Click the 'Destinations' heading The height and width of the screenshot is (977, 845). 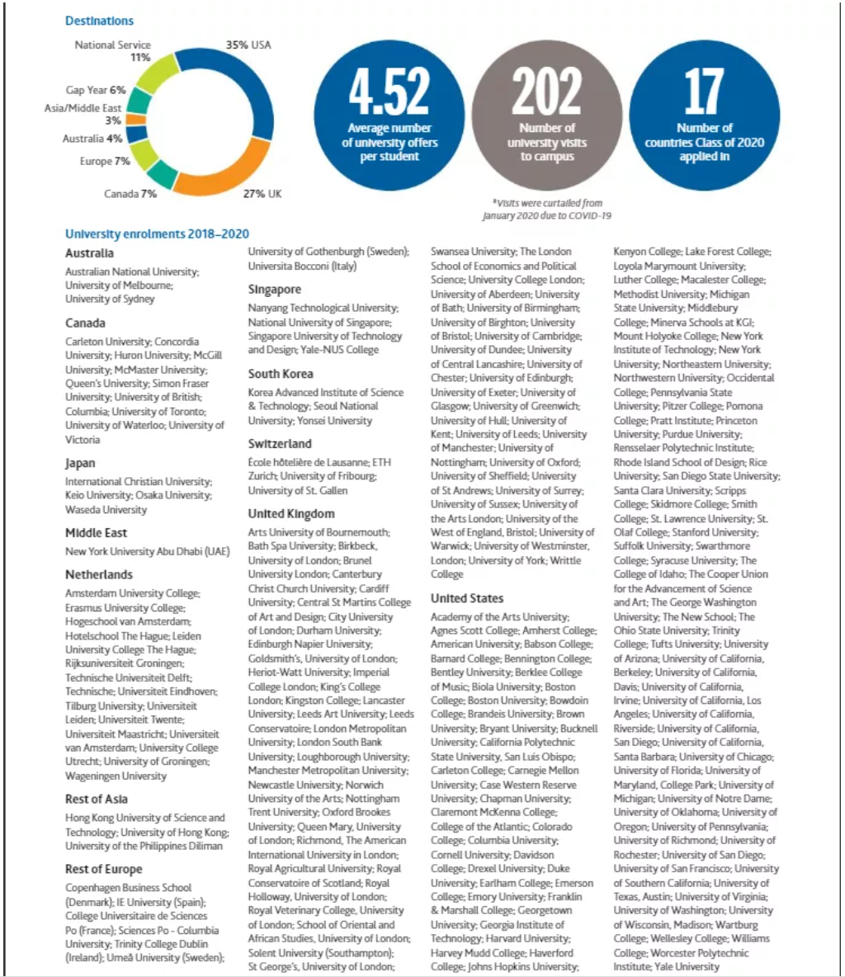(99, 21)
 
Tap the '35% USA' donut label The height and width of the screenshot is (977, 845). (248, 45)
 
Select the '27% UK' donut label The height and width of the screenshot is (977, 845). (262, 193)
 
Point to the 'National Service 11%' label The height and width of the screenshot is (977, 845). (113, 51)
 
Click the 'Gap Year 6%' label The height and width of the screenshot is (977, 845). (96, 90)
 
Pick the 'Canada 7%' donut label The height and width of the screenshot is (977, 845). (130, 193)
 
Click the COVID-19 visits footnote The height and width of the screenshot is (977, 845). (547, 209)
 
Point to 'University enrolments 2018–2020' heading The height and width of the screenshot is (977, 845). (157, 234)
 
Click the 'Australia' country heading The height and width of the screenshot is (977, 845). (89, 253)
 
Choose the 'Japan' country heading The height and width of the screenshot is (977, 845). (80, 463)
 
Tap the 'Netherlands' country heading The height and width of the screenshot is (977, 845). (99, 574)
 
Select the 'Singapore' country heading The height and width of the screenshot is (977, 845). (275, 290)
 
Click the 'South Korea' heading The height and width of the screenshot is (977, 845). (281, 374)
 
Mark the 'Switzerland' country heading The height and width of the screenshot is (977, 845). (280, 444)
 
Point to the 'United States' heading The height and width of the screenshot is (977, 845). (467, 598)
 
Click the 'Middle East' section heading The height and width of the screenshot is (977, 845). (96, 533)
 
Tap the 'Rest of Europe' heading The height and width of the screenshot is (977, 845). (104, 869)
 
